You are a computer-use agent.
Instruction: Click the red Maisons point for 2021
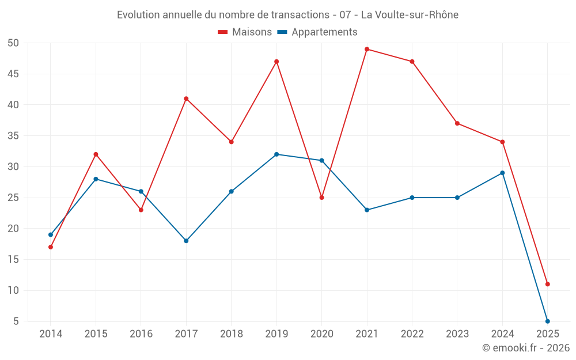[x=367, y=49]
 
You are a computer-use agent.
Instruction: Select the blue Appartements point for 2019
[x=276, y=154]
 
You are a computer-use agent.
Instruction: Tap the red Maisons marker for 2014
[x=51, y=247]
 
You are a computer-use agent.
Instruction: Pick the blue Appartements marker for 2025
[x=547, y=321]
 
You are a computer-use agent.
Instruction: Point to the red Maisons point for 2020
[x=322, y=198]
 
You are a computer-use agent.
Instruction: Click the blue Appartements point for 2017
[x=186, y=241]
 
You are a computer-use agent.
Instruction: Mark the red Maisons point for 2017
[x=186, y=98]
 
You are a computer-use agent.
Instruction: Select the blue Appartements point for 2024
[x=502, y=173]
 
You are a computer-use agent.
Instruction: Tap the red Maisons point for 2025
[x=547, y=284]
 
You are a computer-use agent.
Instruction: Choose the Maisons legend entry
[x=245, y=32]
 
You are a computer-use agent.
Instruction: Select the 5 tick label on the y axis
[x=17, y=321]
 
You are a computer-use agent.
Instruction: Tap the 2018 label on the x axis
[x=232, y=334]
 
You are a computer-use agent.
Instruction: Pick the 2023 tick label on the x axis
[x=457, y=334]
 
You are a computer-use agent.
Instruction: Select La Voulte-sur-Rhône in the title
[x=410, y=15]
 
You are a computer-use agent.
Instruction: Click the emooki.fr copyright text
[x=526, y=348]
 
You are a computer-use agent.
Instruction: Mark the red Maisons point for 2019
[x=276, y=62]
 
